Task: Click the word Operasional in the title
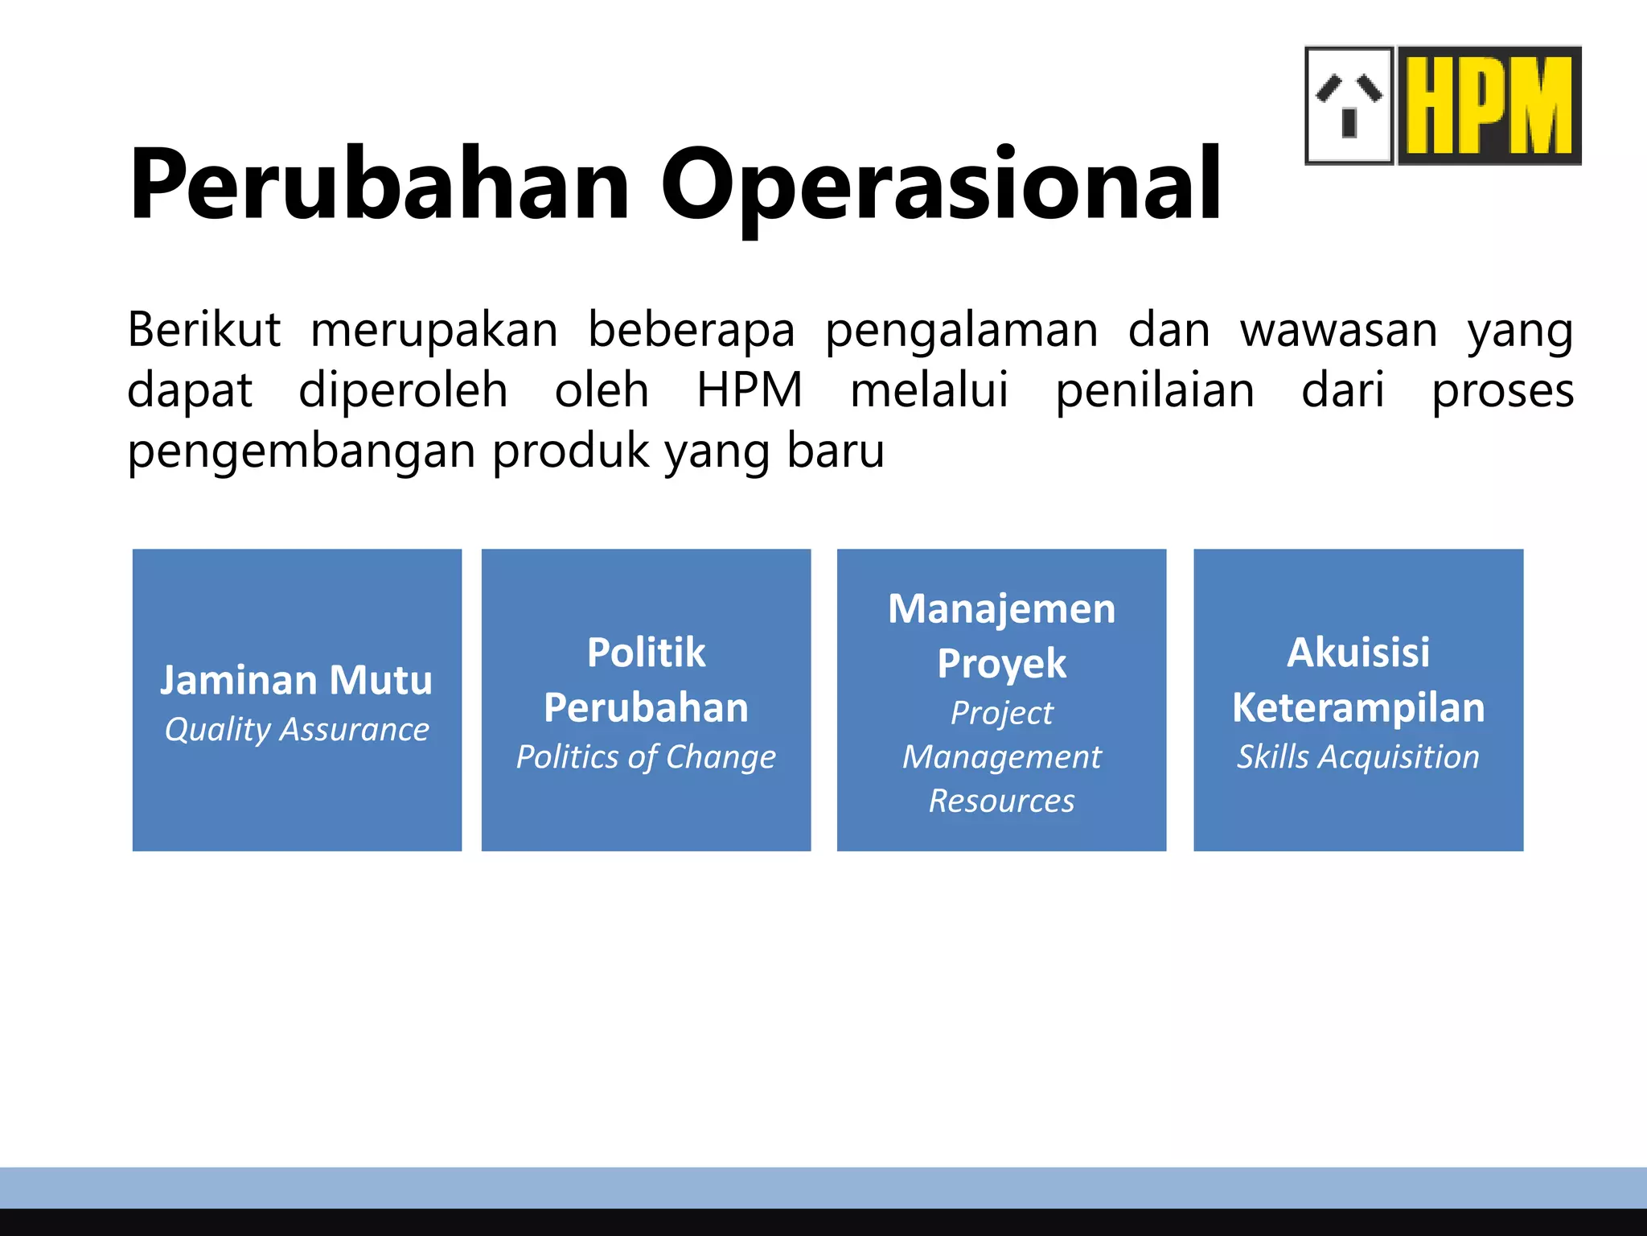coord(941,185)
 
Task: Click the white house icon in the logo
coord(1349,105)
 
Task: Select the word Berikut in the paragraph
coord(204,330)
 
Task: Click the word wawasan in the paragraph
coord(1339,330)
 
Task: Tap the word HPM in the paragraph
coord(750,390)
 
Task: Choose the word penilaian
coord(1155,390)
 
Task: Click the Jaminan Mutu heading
coord(297,680)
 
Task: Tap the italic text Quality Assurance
coord(297,730)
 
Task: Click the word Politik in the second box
coord(647,652)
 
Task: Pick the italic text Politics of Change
coord(647,757)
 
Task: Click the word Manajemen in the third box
coord(1002,609)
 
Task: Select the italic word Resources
coord(1002,801)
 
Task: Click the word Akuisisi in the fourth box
coord(1358,652)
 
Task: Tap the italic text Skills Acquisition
coord(1358,757)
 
